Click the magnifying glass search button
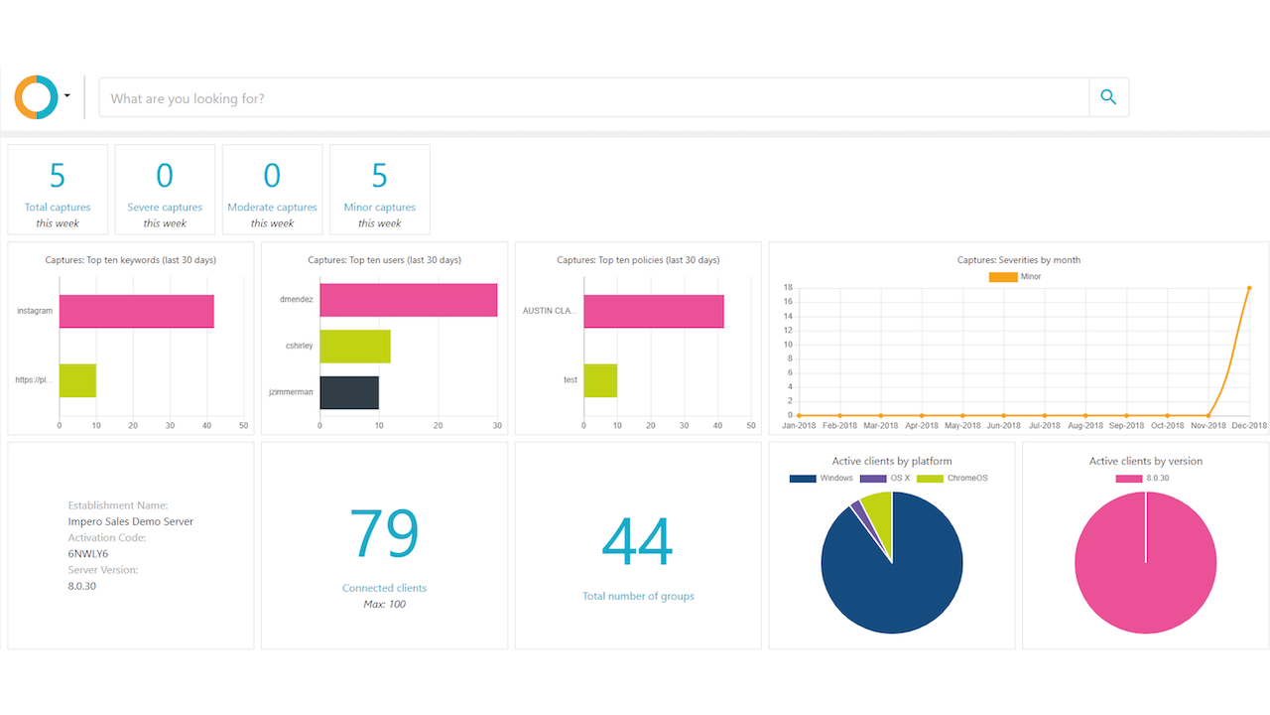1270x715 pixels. (1108, 97)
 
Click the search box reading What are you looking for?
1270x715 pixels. (593, 98)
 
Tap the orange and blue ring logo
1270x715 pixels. (36, 97)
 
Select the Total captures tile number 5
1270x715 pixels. (58, 176)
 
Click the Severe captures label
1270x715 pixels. (165, 208)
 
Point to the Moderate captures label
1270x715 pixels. (272, 208)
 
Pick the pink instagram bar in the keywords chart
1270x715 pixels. (136, 311)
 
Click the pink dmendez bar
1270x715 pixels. (408, 300)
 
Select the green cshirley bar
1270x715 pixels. (354, 346)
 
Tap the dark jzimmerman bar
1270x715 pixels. (348, 392)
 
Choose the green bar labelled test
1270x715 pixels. (600, 380)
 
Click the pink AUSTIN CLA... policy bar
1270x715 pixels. (653, 311)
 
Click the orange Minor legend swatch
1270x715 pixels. (1002, 277)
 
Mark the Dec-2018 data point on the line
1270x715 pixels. (1249, 288)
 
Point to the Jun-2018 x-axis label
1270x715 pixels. (1004, 425)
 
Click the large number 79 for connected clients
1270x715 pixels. (384, 534)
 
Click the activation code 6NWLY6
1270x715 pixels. (88, 553)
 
